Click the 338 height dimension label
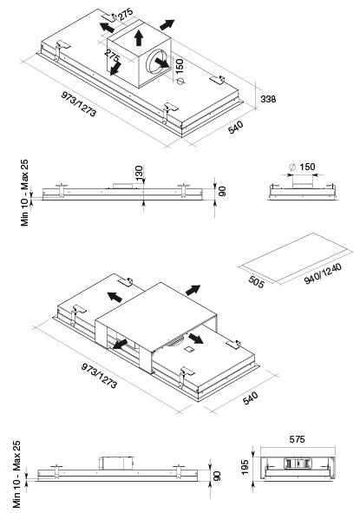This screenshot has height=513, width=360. [x=268, y=99]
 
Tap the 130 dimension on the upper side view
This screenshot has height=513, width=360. [x=139, y=173]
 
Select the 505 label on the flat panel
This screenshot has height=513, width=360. [x=256, y=282]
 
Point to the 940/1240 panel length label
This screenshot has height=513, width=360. [x=323, y=273]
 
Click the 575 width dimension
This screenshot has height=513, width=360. [x=297, y=439]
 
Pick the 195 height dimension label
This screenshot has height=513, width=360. [x=245, y=467]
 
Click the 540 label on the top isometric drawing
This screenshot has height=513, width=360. [x=236, y=128]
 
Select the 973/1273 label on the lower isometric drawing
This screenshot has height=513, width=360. [x=99, y=376]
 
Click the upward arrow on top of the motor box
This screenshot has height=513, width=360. [x=139, y=37]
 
